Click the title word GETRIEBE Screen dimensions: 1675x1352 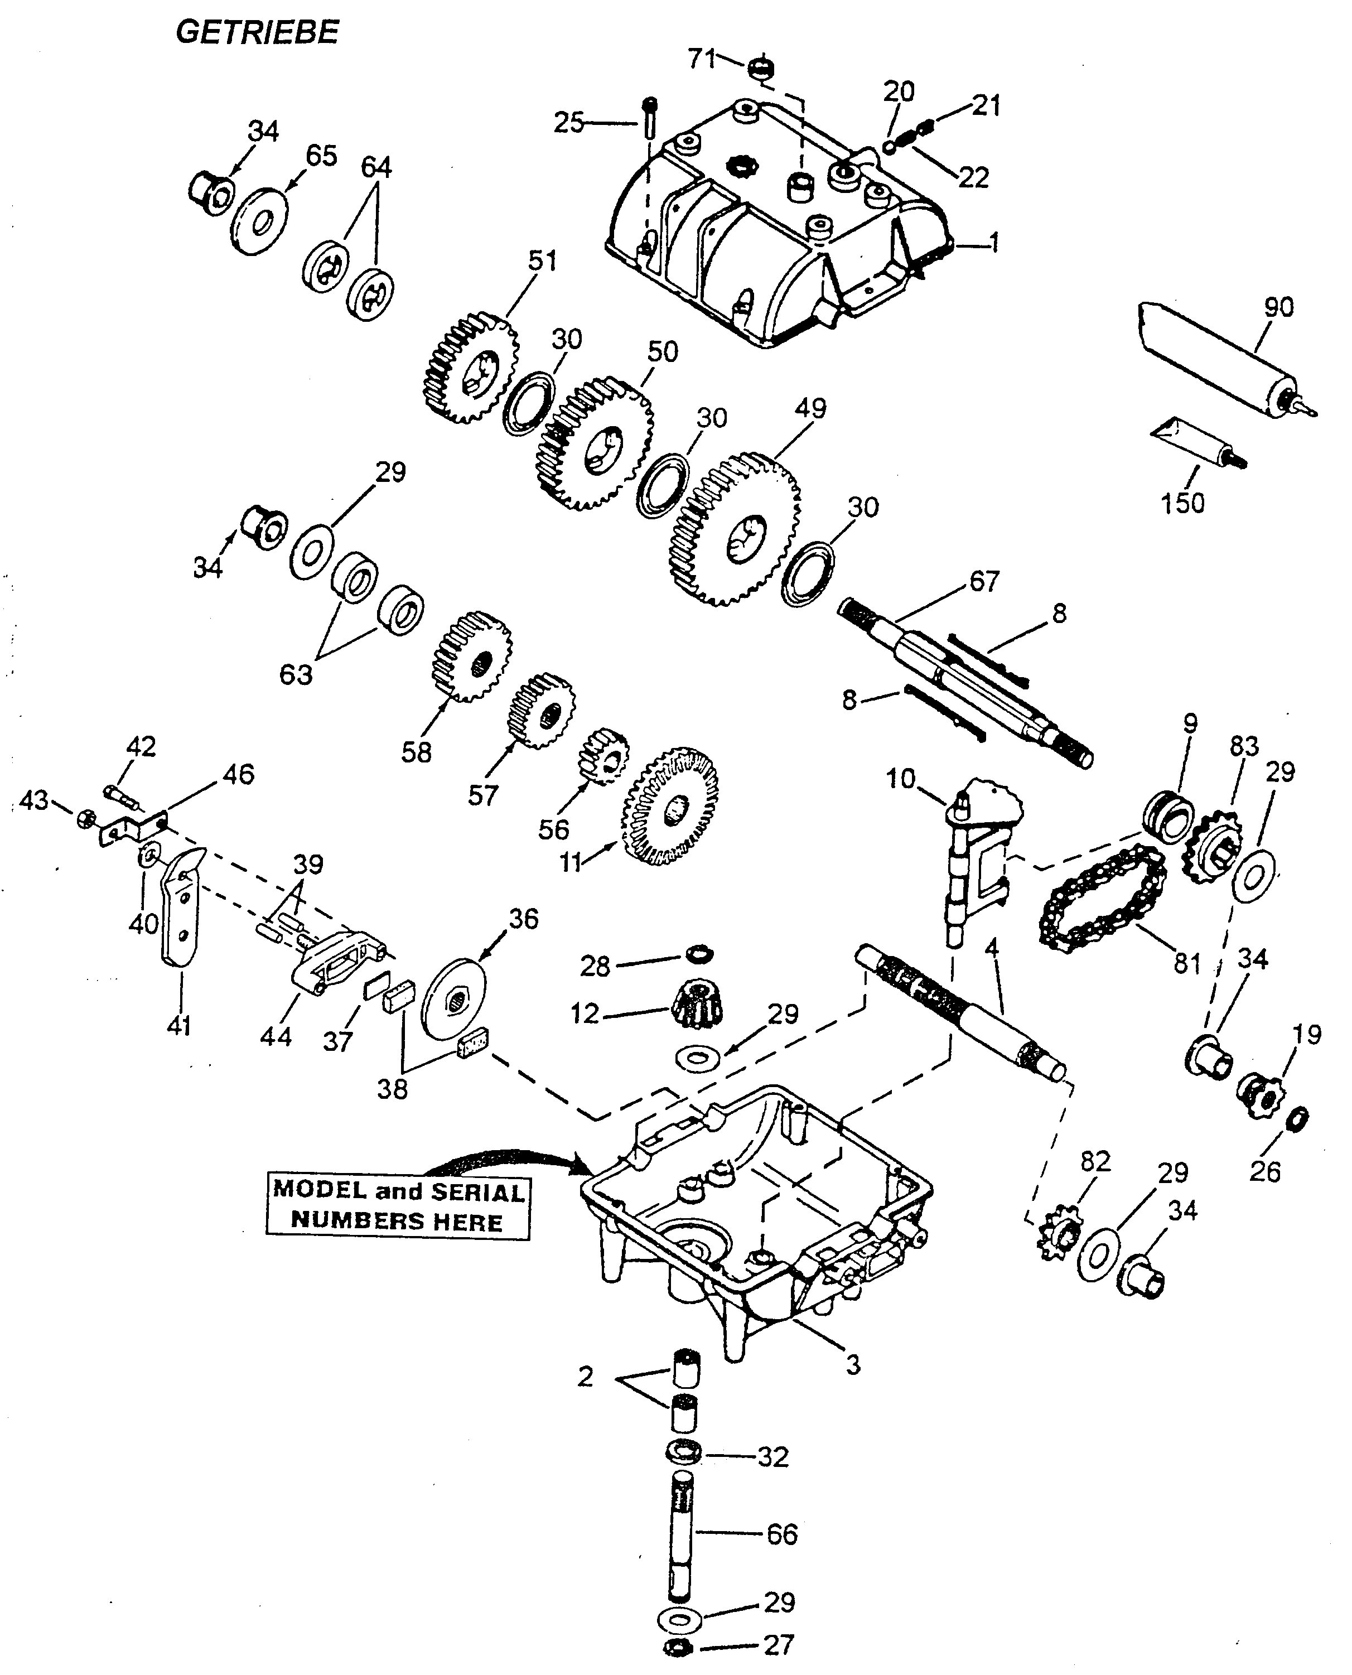pos(257,33)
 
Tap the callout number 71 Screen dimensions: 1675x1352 pos(701,59)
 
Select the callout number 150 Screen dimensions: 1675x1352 pos(1182,503)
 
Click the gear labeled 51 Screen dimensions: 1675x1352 pos(472,368)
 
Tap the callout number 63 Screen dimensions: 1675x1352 pos(296,674)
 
